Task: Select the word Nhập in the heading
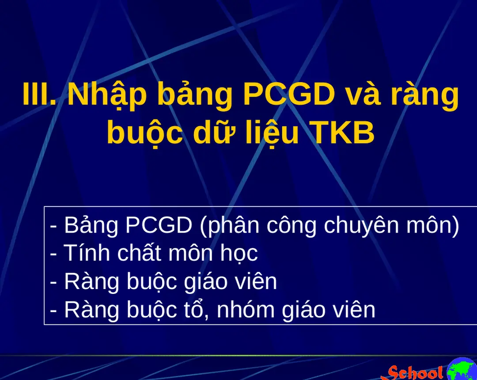[x=106, y=95]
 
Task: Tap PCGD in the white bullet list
[x=159, y=226]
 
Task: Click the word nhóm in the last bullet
[x=242, y=310]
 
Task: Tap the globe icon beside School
[x=462, y=370]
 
